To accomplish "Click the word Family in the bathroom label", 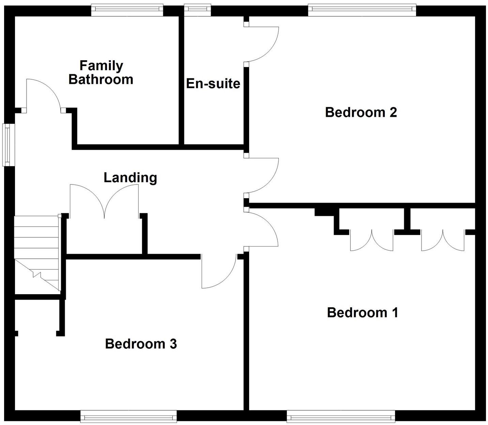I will coord(101,65).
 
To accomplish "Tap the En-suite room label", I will coord(213,83).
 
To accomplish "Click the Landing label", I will coord(130,177).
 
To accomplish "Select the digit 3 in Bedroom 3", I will coord(173,344).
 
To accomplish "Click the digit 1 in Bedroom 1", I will coord(395,313).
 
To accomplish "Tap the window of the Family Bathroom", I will coord(127,10).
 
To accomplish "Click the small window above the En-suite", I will coord(197,10).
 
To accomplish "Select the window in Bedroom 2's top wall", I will coord(362,10).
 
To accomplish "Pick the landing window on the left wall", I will coord(9,145).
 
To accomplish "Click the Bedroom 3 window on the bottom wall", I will coord(128,416).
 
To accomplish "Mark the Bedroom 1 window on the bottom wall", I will coord(341,416).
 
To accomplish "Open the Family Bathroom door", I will coord(43,95).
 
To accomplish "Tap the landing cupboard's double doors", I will coord(104,201).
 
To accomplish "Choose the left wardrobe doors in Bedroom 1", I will coord(372,240).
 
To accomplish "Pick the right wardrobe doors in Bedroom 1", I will coord(443,240).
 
